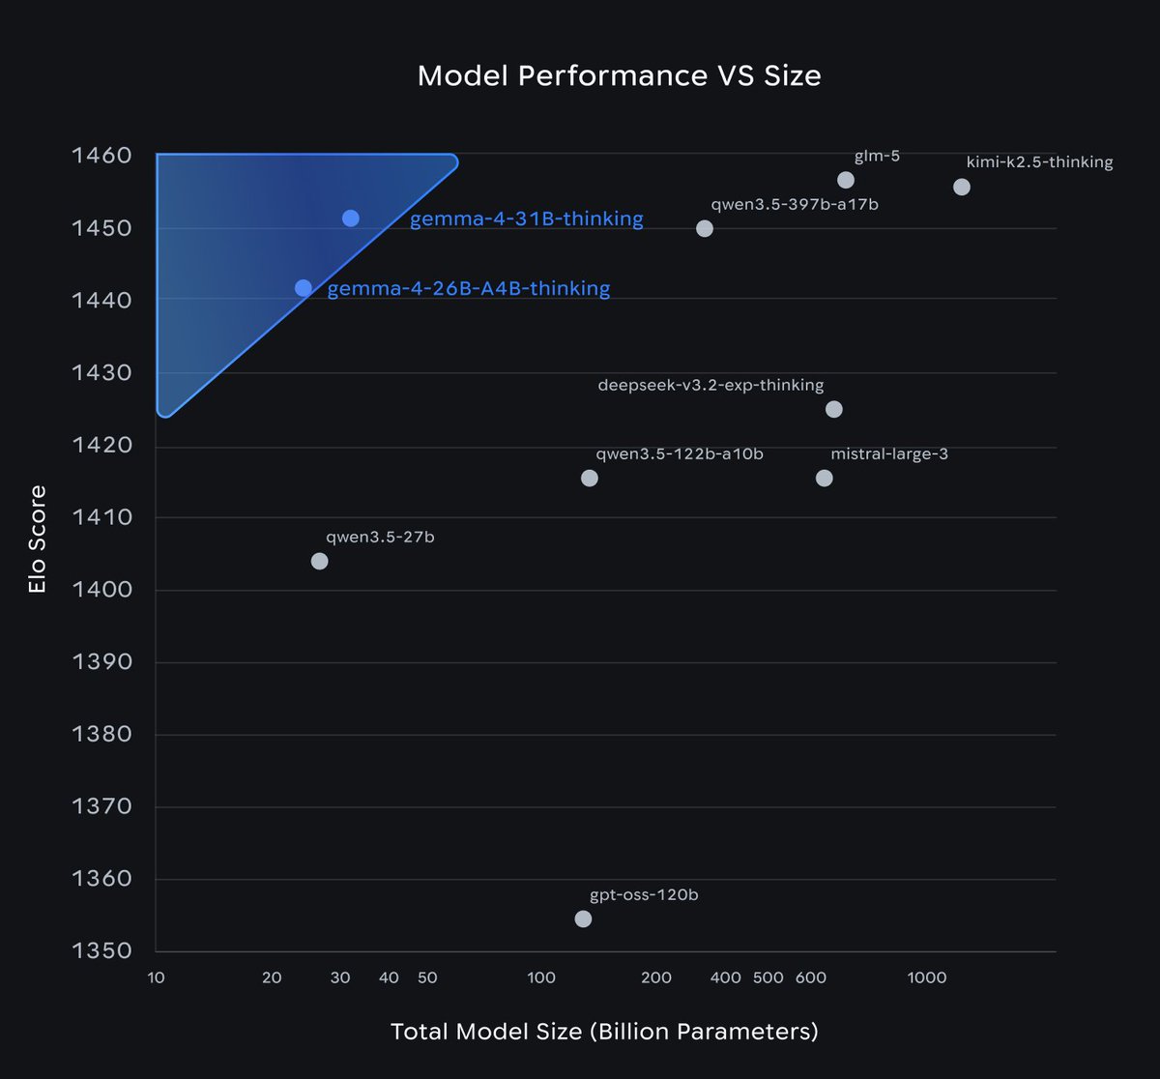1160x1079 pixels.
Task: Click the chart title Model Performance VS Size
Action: [619, 76]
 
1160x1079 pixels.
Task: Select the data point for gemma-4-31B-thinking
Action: [351, 219]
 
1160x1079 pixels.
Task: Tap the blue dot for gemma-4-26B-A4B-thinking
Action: [304, 288]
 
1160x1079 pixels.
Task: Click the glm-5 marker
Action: [846, 181]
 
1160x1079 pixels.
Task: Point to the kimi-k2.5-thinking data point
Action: [962, 187]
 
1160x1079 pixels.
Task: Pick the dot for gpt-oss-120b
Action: [583, 919]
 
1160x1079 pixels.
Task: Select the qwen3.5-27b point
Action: [320, 561]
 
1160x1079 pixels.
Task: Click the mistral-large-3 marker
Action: [825, 478]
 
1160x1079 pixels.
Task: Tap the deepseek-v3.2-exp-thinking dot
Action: [834, 409]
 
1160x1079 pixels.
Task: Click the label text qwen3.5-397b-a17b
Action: [795, 205]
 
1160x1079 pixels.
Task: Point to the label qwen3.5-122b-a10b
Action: [680, 453]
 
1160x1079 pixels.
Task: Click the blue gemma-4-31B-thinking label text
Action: [526, 219]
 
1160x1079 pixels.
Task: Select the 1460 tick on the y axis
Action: [101, 156]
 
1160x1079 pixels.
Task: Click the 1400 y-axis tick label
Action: [101, 590]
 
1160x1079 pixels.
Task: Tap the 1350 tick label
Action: [101, 951]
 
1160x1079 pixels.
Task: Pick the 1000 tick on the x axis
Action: [927, 977]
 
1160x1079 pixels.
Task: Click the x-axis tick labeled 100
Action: [541, 977]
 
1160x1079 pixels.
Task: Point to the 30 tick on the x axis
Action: [340, 977]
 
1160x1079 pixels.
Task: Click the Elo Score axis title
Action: [38, 539]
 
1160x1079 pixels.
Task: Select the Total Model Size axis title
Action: [604, 1032]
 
